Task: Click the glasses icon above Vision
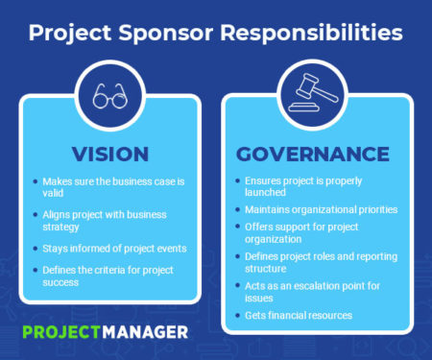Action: click(x=108, y=97)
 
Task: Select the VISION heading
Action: click(x=108, y=154)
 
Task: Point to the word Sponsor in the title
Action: click(x=158, y=34)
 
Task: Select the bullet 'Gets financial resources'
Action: click(x=298, y=314)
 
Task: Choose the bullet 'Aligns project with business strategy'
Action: click(x=105, y=219)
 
